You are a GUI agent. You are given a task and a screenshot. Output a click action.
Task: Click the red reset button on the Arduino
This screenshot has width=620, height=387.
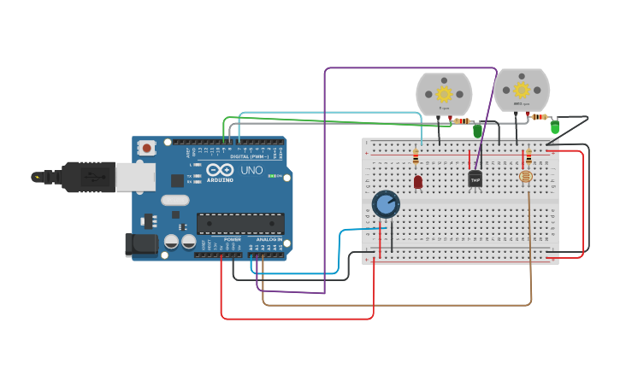coord(147,148)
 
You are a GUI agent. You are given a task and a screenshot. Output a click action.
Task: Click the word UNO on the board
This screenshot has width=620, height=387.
coord(251,170)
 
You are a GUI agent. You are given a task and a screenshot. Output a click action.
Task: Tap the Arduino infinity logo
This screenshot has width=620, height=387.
coord(219,171)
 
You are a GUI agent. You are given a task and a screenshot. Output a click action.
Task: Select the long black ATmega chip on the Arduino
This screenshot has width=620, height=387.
coord(240,224)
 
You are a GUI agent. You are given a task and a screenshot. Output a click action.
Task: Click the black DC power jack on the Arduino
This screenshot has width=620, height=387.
coord(142,245)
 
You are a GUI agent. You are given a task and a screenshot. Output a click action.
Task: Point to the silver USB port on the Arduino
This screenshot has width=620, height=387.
coord(135,177)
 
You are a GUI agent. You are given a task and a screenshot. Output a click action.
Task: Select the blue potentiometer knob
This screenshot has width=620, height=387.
coord(386,204)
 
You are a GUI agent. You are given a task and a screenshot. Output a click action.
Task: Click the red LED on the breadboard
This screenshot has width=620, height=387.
coord(417,181)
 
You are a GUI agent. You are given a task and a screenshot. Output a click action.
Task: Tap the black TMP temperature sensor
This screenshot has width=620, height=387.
coord(475,179)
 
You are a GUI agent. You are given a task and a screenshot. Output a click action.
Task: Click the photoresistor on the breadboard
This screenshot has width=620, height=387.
coord(526,177)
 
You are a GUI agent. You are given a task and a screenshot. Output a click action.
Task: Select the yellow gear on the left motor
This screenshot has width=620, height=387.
coord(444,93)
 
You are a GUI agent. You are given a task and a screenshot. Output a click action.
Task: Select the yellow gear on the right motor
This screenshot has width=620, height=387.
coord(521,89)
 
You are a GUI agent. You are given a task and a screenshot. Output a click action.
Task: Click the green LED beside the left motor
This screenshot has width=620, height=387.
coord(477,131)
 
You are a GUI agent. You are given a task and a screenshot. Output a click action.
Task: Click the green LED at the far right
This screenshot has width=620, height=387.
coord(554,127)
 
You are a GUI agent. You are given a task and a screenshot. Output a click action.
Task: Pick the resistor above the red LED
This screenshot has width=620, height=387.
coord(416,156)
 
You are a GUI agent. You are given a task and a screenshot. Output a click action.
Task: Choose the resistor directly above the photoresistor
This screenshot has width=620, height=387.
coord(528,156)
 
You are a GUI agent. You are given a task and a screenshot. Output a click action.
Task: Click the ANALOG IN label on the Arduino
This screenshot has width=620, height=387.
coord(268,239)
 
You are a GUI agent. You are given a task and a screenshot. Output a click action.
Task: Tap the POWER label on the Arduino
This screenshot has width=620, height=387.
coord(232,239)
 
